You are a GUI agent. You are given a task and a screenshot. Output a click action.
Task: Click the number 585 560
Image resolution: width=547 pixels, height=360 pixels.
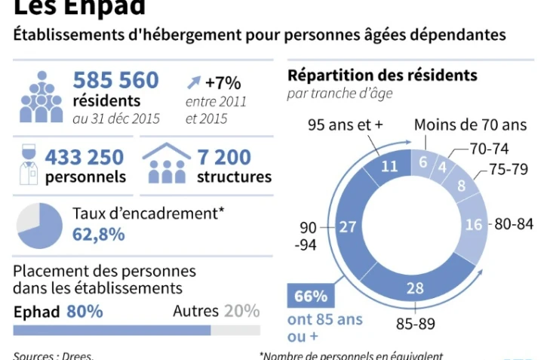pos(115,80)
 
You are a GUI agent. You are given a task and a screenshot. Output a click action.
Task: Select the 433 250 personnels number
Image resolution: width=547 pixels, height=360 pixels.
pos(85,157)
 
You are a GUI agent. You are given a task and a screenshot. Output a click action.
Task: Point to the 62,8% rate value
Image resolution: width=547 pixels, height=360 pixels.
pos(99,234)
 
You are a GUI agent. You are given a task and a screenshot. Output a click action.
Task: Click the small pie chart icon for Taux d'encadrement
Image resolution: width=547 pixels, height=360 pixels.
pos(39,226)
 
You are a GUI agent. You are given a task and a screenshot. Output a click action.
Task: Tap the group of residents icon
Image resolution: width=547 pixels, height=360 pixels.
pos(41,97)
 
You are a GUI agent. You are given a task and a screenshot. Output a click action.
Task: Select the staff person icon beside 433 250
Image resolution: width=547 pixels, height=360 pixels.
pos(28,165)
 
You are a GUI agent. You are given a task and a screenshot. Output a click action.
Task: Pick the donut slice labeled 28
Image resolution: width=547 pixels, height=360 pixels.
pos(413,288)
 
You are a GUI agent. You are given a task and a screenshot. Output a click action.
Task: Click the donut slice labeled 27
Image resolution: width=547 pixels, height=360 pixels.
pos(349,227)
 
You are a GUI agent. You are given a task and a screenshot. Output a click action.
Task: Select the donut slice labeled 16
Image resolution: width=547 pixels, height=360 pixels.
pos(473,224)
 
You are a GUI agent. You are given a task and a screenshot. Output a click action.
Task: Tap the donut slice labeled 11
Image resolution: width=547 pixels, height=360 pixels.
pos(389,167)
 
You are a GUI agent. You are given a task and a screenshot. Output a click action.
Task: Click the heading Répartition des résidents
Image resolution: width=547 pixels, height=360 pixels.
pos(382,75)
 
